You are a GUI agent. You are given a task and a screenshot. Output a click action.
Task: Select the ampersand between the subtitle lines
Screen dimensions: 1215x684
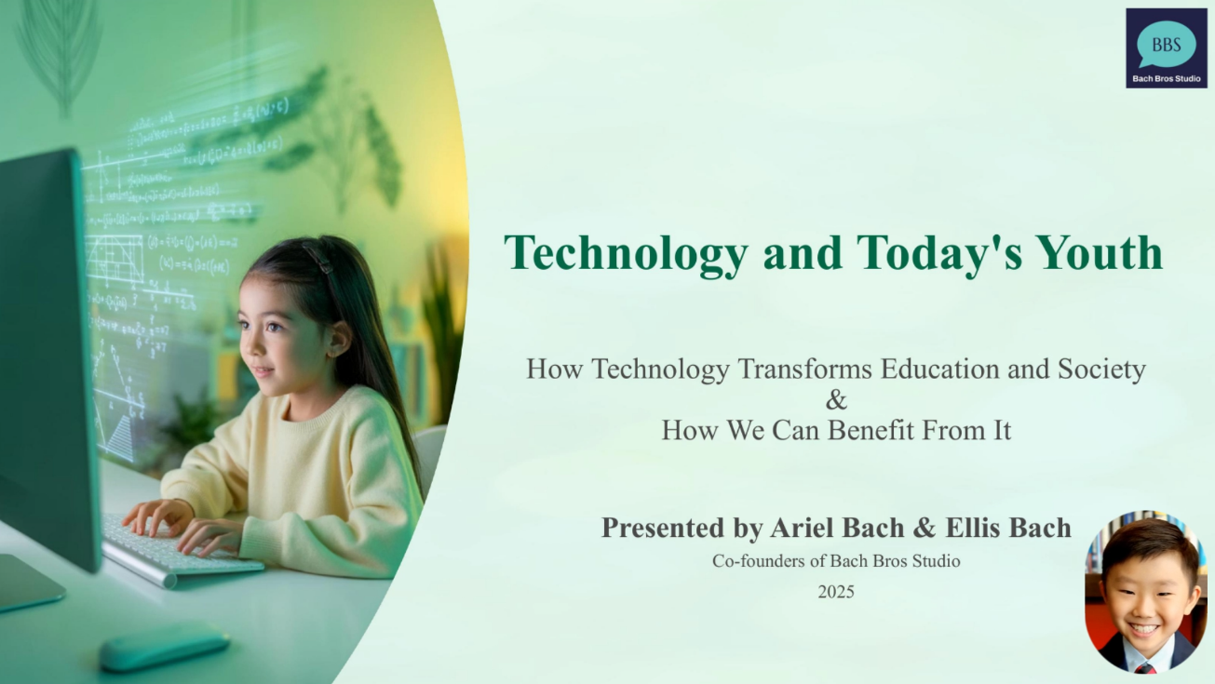pos(836,400)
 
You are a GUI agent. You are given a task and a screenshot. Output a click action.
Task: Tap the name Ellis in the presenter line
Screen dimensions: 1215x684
pos(974,528)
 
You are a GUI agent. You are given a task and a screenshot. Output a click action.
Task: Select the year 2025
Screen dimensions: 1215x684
pos(836,591)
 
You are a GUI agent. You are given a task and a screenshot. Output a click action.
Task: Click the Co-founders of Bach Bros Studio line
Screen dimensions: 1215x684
pos(836,561)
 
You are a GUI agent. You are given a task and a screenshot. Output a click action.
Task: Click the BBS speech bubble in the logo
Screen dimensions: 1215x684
pos(1166,44)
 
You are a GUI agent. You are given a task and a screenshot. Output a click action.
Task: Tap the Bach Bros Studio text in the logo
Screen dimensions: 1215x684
pos(1167,78)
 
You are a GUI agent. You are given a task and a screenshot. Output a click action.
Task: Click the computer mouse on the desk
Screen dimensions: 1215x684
pos(164,646)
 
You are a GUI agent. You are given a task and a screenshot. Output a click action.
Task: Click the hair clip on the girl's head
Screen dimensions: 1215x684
pos(319,259)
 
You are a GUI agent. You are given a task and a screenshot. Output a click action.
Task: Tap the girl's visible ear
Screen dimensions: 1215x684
pos(339,340)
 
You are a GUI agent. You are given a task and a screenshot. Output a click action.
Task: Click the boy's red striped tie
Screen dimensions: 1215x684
pos(1145,667)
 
